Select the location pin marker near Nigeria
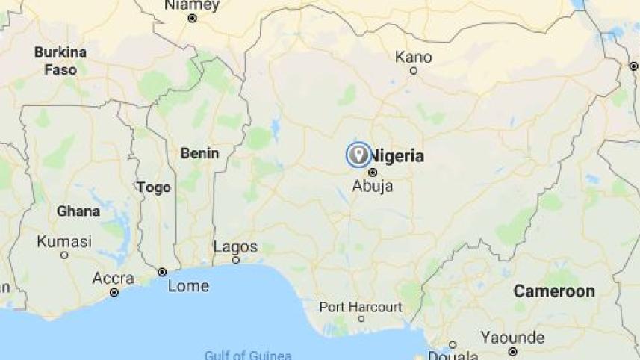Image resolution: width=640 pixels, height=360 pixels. tap(358, 155)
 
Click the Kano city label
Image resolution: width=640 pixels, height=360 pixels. tap(413, 57)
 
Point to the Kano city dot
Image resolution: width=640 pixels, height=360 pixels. tap(413, 71)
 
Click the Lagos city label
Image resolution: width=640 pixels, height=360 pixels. tap(235, 246)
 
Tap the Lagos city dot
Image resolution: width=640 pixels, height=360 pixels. tap(235, 261)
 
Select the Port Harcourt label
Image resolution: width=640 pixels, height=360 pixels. tap(361, 307)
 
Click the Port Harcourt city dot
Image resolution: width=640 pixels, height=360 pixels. tap(361, 319)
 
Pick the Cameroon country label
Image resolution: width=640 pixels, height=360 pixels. tap(553, 291)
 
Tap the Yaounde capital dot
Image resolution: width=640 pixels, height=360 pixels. tap(512, 351)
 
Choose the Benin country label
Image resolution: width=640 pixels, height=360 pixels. tap(199, 153)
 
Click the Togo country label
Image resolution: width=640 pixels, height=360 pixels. tap(154, 187)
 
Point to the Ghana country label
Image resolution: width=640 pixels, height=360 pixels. tap(78, 211)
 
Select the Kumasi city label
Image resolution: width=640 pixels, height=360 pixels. tap(64, 241)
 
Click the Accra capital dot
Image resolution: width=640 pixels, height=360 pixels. tap(114, 292)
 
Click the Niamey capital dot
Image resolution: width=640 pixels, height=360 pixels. tap(192, 18)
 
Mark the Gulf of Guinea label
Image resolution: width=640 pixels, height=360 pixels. tap(248, 355)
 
